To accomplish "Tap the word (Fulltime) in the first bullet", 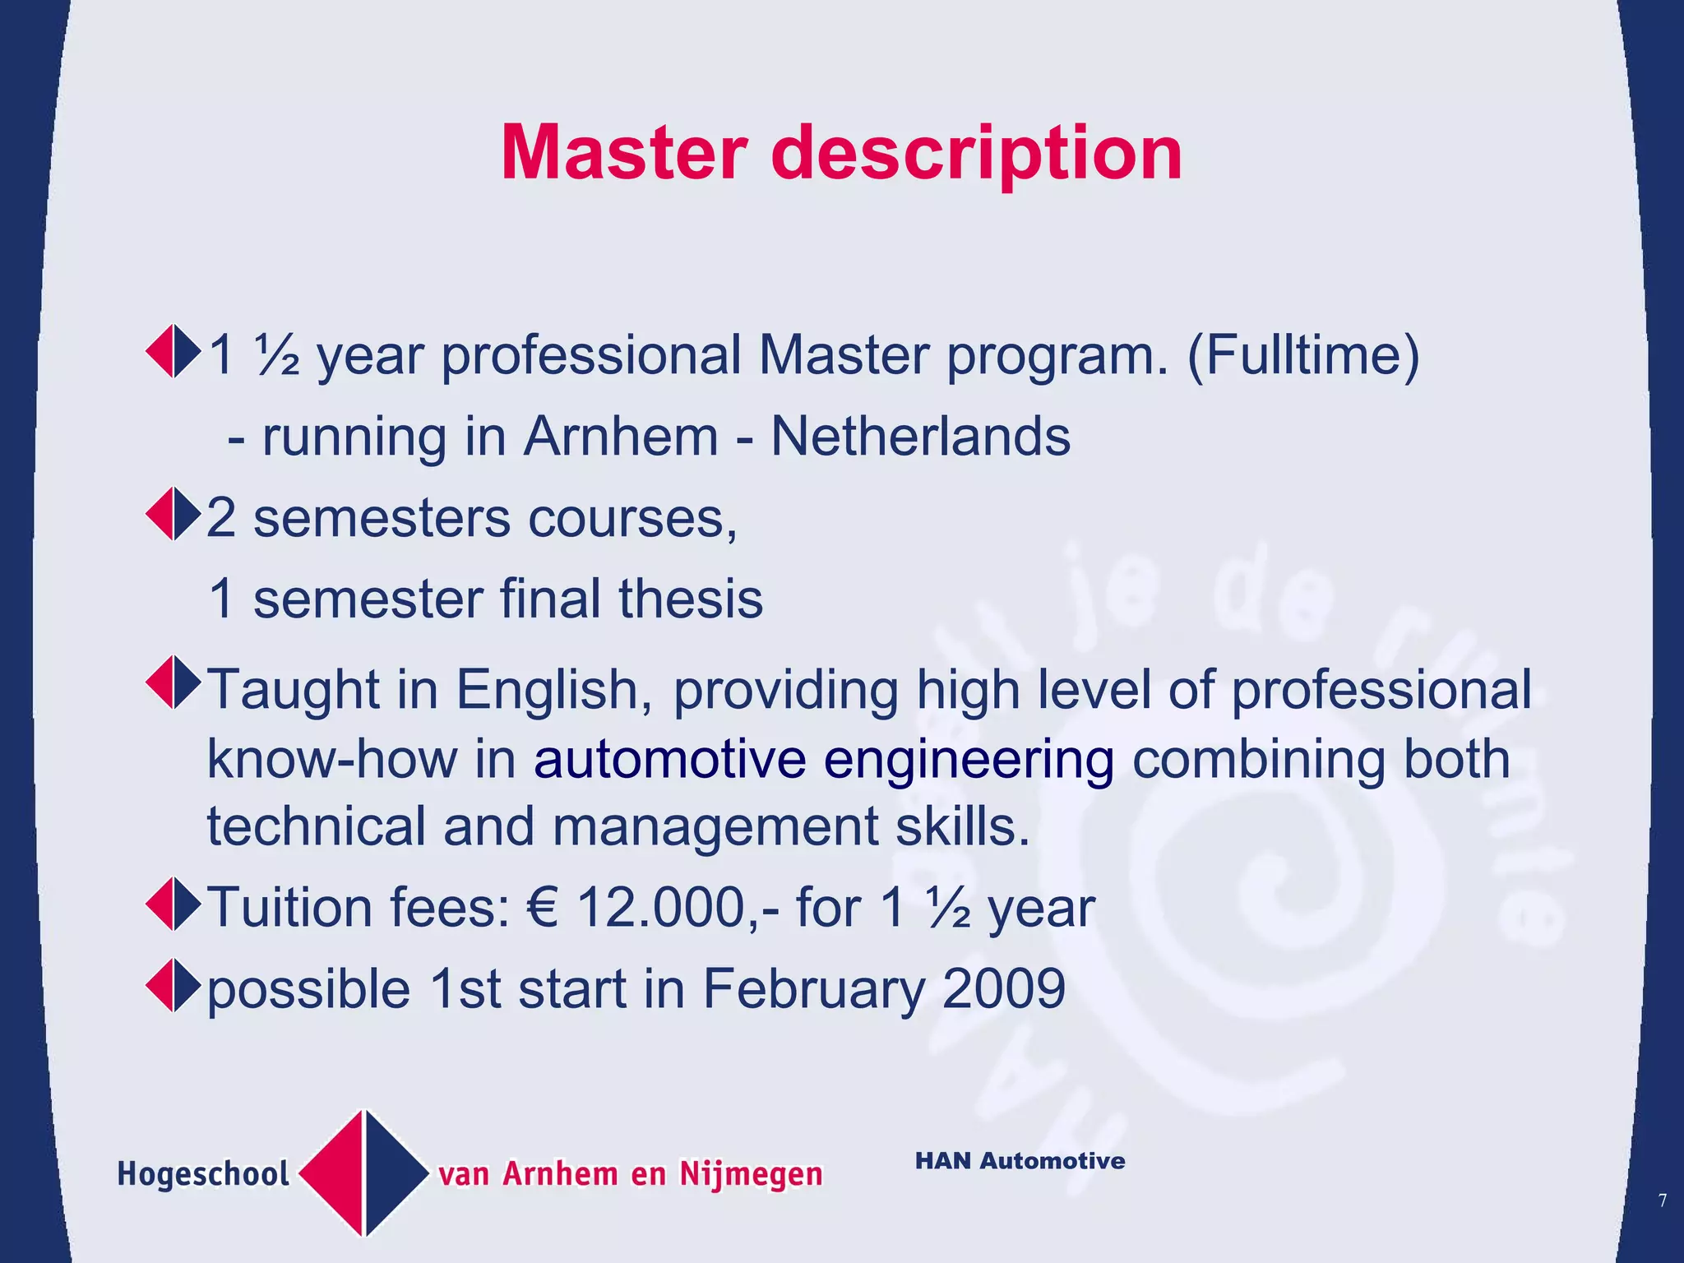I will [1303, 355].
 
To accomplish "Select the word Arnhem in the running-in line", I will [621, 436].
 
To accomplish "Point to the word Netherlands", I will [920, 436].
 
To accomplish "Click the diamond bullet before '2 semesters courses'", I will [173, 515].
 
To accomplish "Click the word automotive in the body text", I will [669, 758].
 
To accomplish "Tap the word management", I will [715, 826].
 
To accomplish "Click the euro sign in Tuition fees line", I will [544, 908].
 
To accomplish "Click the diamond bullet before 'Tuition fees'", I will [173, 904].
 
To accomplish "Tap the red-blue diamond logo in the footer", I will [363, 1173].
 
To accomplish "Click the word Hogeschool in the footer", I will [203, 1174].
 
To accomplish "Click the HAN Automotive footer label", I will [1020, 1161].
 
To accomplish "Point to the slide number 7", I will [1663, 1201].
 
